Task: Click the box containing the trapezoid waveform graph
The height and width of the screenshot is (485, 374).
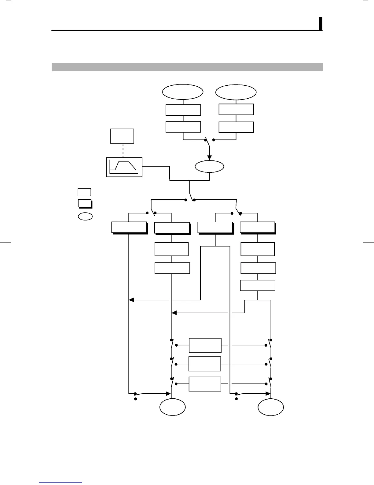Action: (124, 167)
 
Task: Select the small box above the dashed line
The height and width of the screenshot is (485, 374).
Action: (122, 136)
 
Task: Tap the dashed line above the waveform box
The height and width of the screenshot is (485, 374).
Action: (123, 150)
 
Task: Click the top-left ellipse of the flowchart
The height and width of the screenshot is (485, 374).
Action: (183, 92)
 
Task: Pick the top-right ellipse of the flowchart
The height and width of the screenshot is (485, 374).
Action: (236, 92)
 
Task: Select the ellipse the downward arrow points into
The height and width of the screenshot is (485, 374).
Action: (209, 167)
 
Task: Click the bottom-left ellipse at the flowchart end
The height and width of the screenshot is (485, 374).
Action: (173, 407)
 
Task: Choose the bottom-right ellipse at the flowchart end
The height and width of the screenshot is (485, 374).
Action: (271, 407)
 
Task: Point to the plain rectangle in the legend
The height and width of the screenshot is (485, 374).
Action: (84, 192)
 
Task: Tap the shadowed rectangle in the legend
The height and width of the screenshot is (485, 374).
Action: (85, 204)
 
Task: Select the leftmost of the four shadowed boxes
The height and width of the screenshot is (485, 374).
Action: (129, 227)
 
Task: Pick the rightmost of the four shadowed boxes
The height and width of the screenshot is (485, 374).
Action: (258, 227)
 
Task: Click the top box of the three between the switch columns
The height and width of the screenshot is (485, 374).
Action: (205, 345)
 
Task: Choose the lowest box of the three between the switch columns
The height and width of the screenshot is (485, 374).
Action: (205, 384)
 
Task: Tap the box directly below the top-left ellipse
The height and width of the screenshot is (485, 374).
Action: (183, 110)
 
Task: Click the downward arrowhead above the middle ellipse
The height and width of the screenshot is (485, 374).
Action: (209, 158)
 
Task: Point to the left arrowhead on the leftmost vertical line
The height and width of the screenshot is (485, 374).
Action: (131, 300)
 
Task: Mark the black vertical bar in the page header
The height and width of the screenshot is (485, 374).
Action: (321, 24)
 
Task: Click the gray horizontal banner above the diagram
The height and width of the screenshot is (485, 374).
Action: (187, 67)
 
